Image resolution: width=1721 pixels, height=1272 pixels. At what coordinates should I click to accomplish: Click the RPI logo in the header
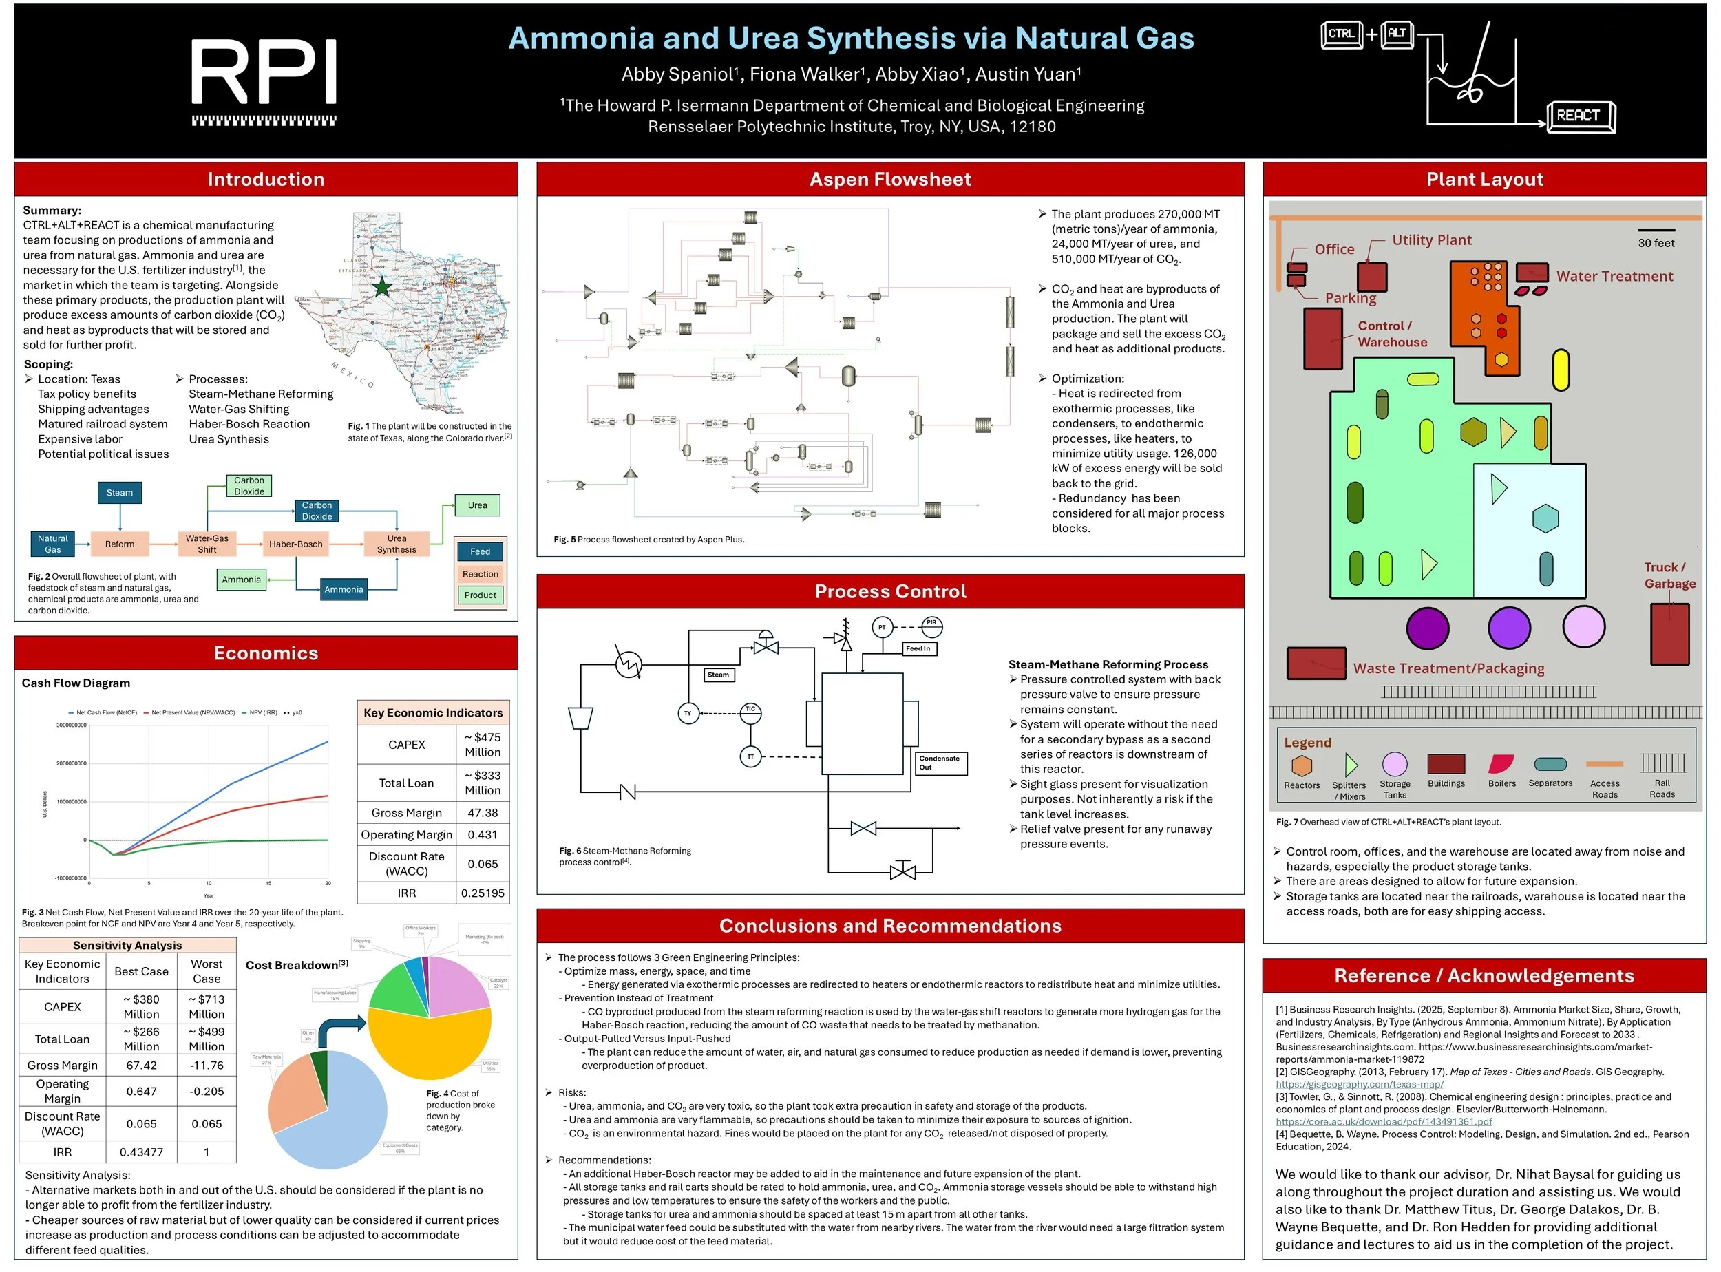264,81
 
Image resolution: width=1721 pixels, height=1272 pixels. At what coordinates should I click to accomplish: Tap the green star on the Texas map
382,287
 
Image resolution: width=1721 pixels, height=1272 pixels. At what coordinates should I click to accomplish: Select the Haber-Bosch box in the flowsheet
296,544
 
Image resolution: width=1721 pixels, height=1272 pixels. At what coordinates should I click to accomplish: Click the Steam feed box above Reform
119,493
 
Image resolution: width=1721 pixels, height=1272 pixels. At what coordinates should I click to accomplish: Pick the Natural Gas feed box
52,544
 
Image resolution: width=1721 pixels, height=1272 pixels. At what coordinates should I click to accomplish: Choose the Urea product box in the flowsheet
478,506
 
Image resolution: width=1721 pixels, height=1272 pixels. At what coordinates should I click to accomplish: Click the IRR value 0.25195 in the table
483,893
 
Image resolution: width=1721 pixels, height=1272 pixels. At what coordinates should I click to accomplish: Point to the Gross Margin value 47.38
483,813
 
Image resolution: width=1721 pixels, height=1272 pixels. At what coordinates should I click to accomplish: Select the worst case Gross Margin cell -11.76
207,1066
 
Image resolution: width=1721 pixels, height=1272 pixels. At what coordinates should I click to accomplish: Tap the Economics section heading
266,654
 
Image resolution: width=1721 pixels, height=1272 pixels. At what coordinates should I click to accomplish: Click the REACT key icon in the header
1580,116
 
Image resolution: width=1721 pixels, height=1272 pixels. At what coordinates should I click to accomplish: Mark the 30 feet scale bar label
1656,243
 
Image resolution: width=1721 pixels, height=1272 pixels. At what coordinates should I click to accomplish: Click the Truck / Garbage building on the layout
1669,635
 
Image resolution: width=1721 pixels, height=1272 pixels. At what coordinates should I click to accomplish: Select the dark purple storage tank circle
1428,628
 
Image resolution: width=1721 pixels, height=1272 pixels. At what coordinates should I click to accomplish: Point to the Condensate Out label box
941,763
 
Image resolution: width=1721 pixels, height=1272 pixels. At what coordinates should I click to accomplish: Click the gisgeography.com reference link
1359,1085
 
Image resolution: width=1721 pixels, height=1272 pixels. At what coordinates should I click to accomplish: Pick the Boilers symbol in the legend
1501,765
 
